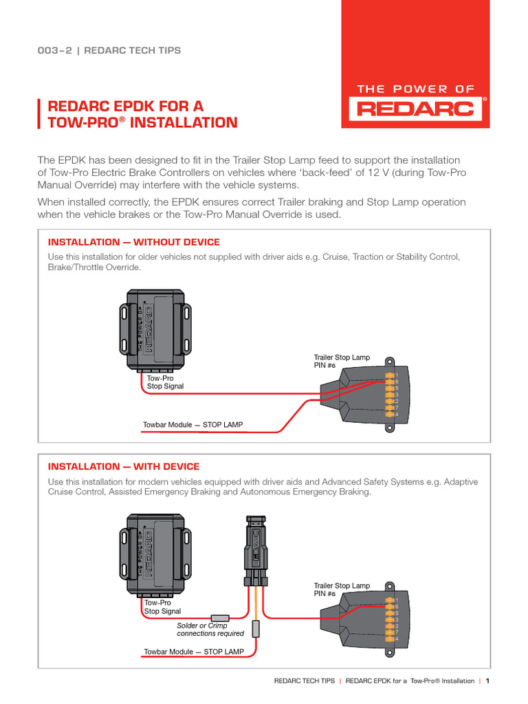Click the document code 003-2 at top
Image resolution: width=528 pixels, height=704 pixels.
tap(54, 50)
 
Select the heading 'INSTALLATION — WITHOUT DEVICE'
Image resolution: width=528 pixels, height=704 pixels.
tap(133, 242)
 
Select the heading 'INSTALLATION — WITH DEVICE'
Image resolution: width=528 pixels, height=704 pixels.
tap(124, 466)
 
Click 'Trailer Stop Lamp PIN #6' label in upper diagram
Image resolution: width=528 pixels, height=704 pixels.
tap(342, 362)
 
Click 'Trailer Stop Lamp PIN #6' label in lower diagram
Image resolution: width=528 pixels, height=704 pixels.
tap(342, 589)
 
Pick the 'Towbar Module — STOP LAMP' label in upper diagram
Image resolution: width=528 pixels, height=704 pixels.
tap(192, 425)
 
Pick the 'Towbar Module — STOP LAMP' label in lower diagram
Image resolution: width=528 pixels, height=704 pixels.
tap(193, 650)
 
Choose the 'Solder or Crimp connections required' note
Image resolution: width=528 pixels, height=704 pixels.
tap(210, 629)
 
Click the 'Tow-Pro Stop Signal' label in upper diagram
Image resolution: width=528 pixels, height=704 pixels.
tap(165, 382)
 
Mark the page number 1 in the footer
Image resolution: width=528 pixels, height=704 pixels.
tap(487, 681)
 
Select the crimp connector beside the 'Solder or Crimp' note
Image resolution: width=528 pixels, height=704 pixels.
tap(220, 617)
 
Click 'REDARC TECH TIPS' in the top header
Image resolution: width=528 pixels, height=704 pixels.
tap(133, 50)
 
